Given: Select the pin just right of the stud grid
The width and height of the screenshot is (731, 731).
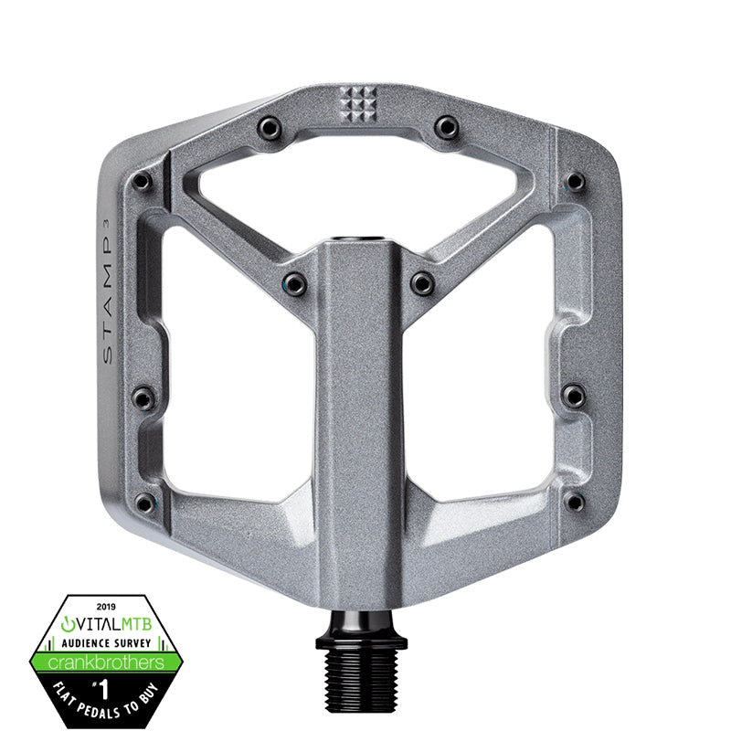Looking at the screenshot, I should coord(446,127).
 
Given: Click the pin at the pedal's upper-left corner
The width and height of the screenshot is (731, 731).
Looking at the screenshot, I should coord(142,182).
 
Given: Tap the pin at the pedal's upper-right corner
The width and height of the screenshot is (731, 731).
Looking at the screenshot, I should coord(575,182).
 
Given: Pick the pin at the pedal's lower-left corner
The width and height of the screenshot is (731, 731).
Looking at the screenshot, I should coord(144,503).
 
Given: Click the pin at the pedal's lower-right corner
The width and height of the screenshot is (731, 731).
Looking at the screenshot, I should coord(573,503).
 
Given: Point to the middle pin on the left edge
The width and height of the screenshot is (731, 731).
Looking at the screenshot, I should coord(143,397).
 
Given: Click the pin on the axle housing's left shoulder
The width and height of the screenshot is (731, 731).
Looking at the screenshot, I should coord(294,283).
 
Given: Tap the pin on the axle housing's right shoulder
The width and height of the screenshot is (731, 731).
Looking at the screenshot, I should coord(422,283).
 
